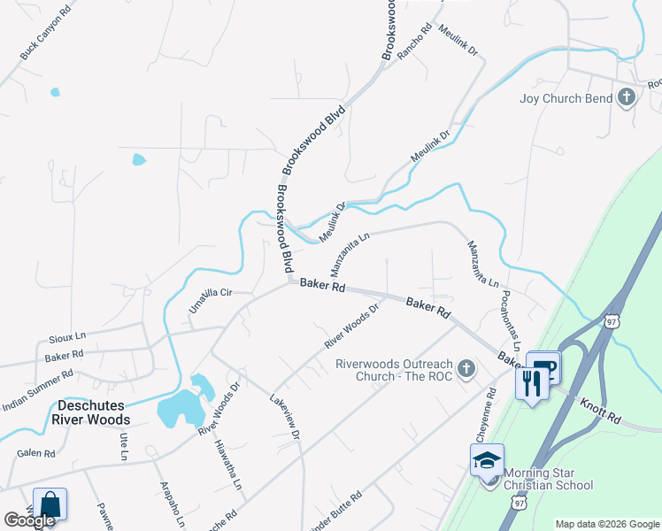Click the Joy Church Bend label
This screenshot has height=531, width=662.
point(566,98)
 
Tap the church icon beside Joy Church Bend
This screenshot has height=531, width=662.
point(627,97)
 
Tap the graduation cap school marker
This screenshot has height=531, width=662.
point(487,461)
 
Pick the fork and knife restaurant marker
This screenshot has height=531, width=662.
point(532,383)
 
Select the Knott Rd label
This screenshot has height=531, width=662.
point(601,409)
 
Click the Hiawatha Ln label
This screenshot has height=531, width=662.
point(227,465)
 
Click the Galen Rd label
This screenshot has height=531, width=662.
point(36,453)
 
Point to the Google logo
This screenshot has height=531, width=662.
point(29,520)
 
